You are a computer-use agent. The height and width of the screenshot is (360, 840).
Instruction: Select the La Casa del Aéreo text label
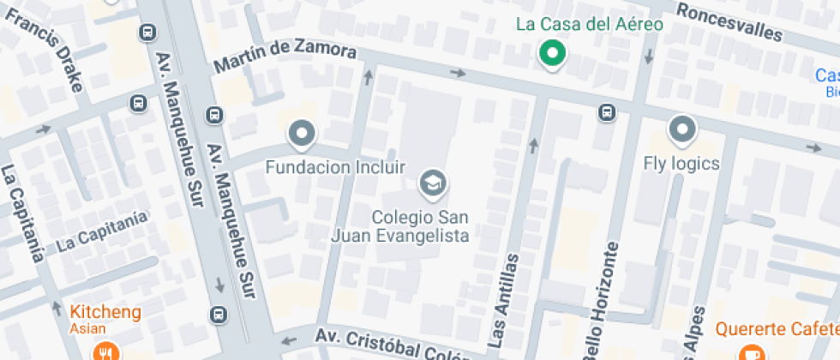[x=590, y=24]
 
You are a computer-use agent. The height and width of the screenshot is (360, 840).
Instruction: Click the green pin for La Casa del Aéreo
[x=553, y=55]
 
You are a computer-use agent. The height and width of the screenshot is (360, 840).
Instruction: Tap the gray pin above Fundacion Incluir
[x=302, y=134]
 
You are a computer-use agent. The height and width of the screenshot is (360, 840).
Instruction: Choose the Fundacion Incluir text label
[x=335, y=166]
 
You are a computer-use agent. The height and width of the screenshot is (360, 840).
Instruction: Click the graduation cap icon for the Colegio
[x=432, y=183]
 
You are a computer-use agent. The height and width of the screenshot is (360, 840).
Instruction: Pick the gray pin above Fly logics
[x=682, y=129]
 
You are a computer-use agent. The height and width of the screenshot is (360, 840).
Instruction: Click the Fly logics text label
[x=681, y=163]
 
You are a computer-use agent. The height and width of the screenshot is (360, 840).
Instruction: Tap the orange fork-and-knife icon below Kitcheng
[x=105, y=351]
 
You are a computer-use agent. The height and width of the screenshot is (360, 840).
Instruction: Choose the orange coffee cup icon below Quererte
[x=752, y=352]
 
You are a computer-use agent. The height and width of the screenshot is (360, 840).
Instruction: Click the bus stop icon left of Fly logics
[x=607, y=111]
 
